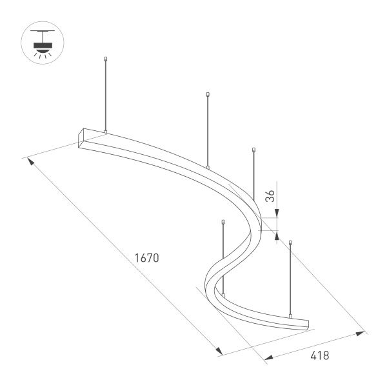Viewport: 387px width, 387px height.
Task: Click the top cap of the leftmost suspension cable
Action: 105,59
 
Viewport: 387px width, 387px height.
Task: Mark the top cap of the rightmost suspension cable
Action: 291,243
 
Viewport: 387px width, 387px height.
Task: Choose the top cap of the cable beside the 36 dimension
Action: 254,151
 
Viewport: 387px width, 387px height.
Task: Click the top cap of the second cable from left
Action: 207,95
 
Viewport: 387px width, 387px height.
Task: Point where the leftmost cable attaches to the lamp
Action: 105,133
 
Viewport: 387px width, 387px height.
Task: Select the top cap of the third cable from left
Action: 223,223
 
